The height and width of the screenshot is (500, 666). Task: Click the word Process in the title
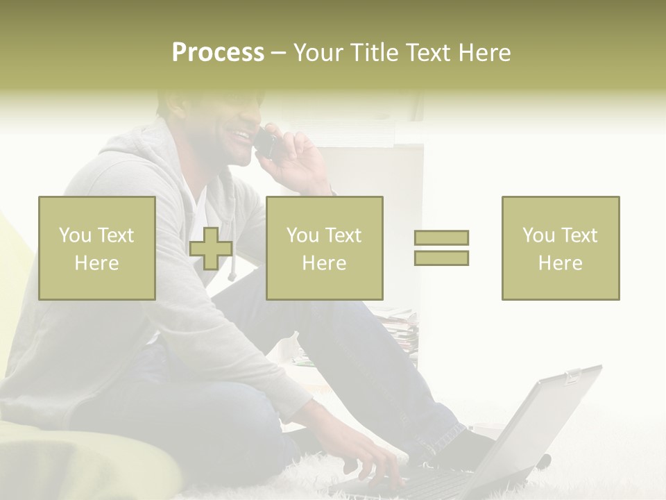tap(218, 53)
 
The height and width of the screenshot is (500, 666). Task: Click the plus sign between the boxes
tap(211, 249)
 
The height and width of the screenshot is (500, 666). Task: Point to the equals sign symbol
tap(441, 248)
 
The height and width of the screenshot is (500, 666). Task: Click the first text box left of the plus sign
tap(96, 249)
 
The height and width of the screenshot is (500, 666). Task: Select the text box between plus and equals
tap(324, 249)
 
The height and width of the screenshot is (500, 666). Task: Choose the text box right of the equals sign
tap(560, 249)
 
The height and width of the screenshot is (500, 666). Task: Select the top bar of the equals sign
tap(441, 238)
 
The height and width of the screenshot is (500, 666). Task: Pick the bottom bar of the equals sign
tap(441, 258)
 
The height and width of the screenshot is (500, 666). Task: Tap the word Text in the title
tap(428, 53)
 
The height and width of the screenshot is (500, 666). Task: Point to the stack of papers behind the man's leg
tap(402, 330)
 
